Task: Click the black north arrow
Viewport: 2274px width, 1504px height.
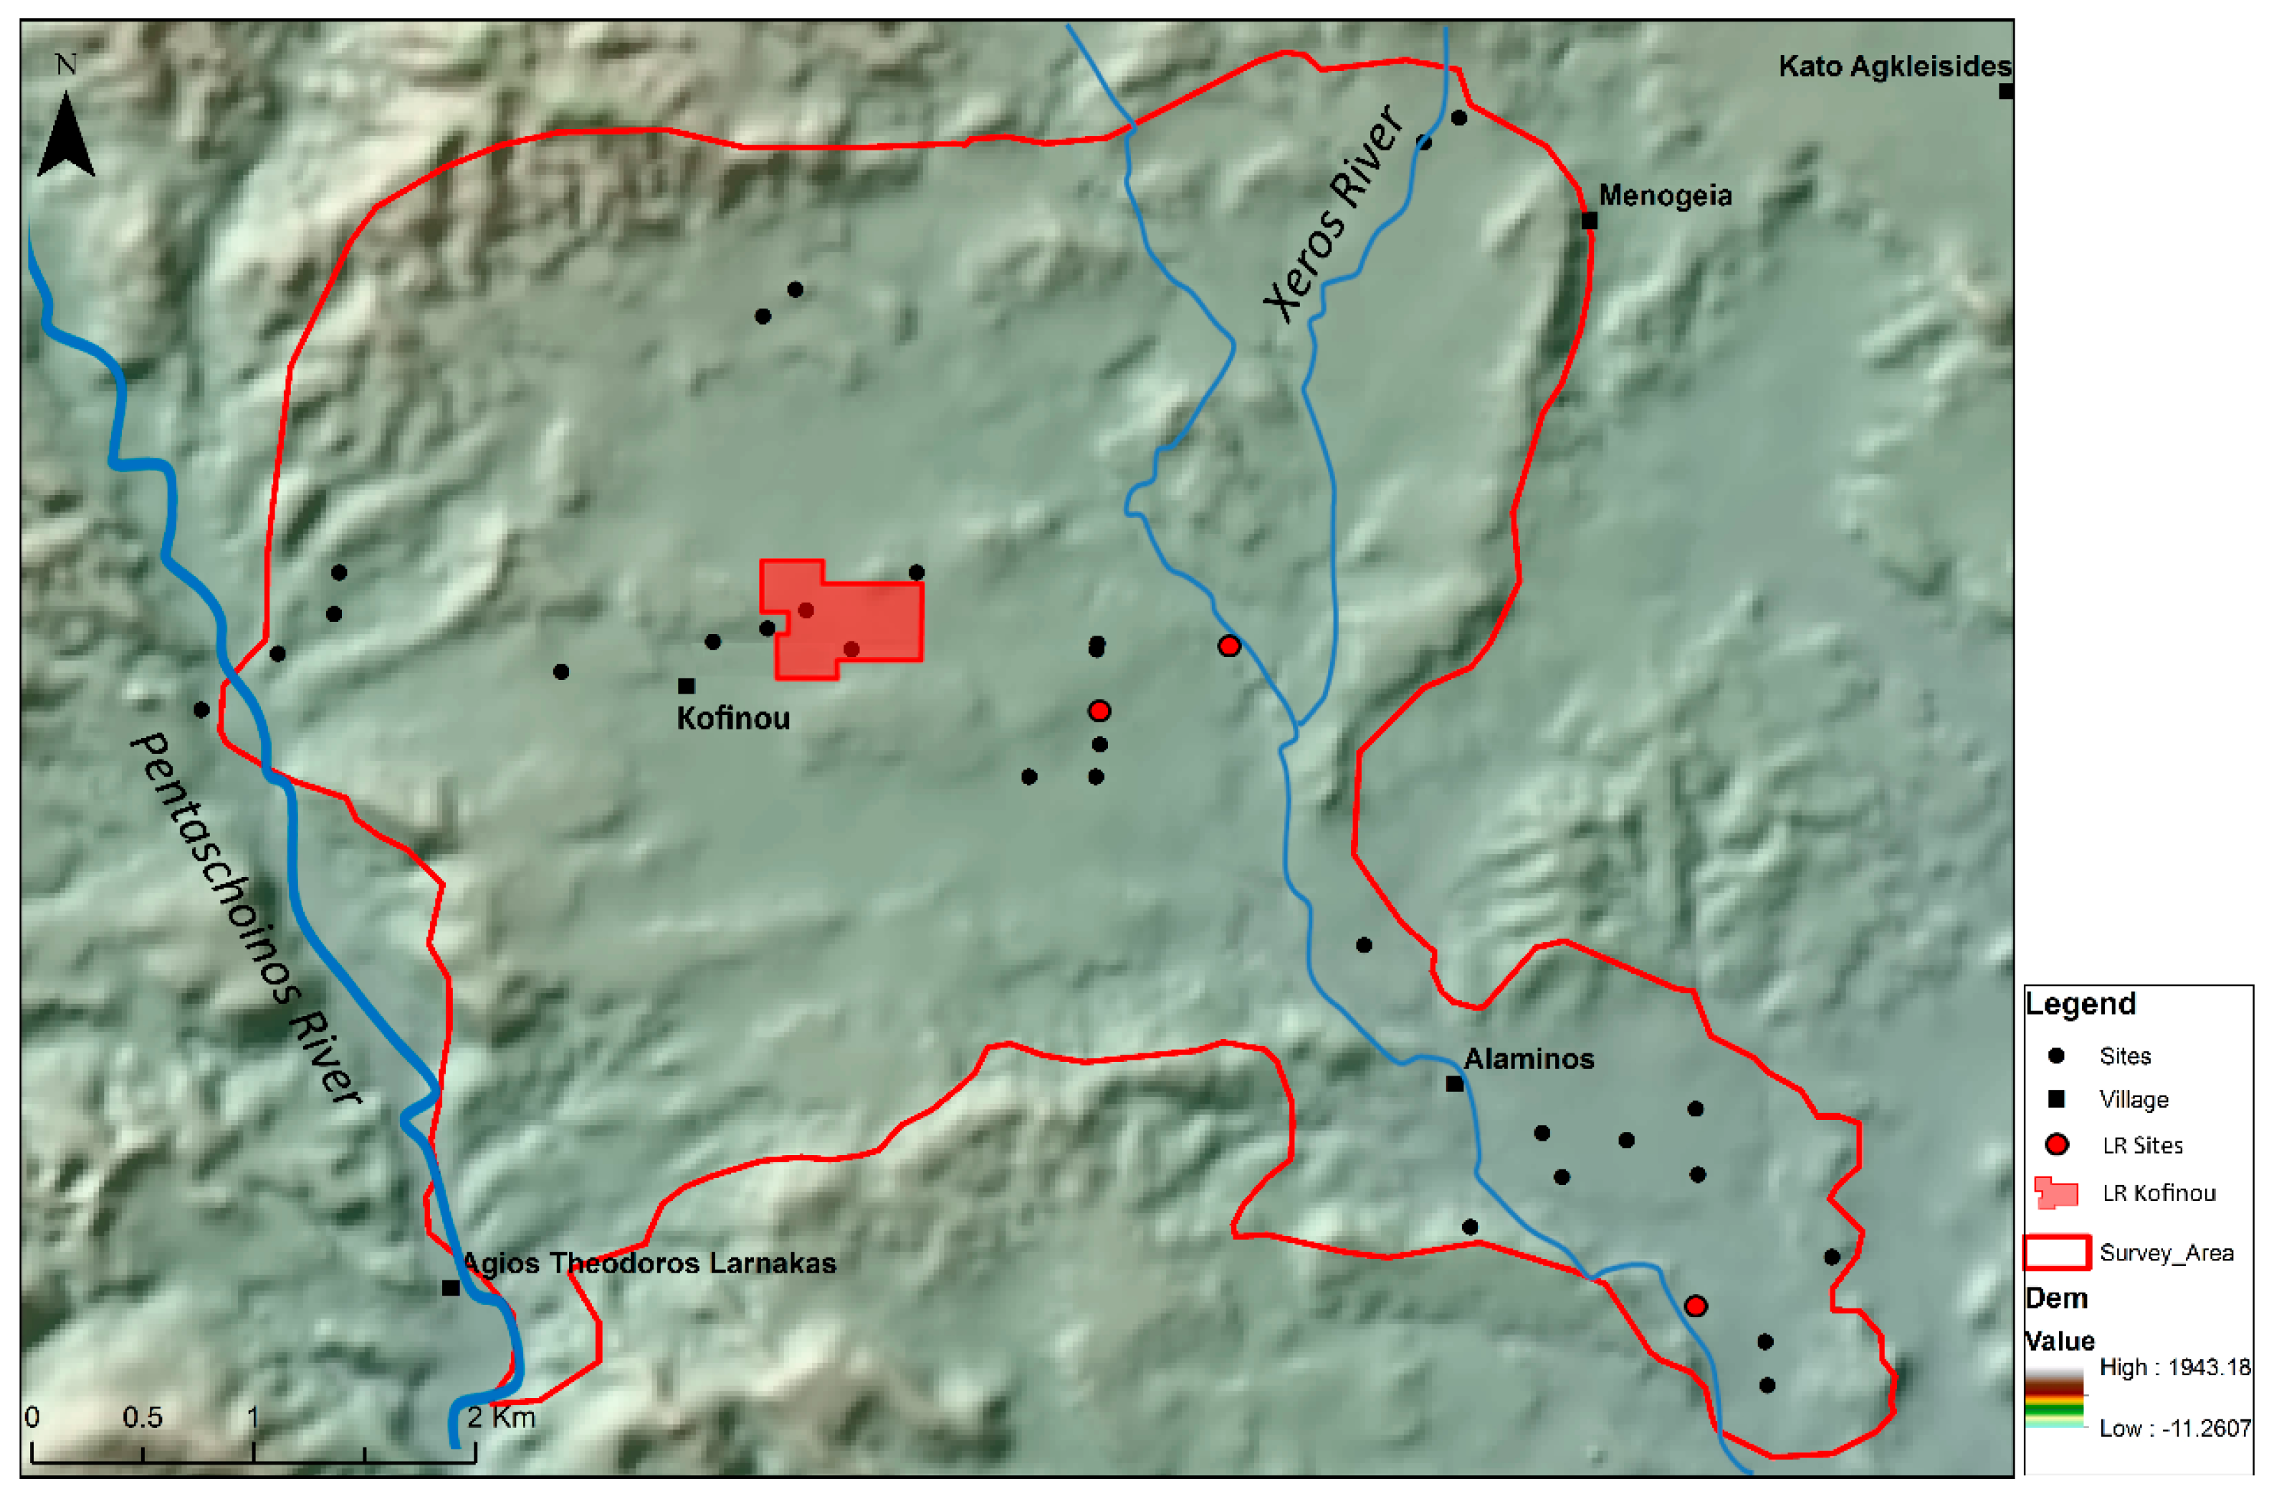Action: click(65, 137)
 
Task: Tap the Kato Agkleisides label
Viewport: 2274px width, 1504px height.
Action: click(1894, 66)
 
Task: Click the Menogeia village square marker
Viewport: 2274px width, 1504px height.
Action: click(1589, 221)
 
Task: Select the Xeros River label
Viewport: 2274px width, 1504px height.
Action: click(1333, 215)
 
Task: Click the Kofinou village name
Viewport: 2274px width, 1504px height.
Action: click(732, 719)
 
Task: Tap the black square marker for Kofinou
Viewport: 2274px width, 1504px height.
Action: click(686, 686)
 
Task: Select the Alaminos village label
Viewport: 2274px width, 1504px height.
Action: click(1529, 1059)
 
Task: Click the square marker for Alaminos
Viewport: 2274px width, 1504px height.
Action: click(1455, 1084)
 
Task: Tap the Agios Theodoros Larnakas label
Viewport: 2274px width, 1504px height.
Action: click(649, 1263)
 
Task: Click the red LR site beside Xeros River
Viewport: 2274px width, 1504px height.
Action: click(1228, 646)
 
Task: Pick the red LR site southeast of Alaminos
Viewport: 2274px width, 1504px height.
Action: click(1696, 1306)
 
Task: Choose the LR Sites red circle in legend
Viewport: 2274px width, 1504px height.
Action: click(2056, 1144)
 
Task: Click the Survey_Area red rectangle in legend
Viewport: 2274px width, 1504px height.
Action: click(2056, 1252)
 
